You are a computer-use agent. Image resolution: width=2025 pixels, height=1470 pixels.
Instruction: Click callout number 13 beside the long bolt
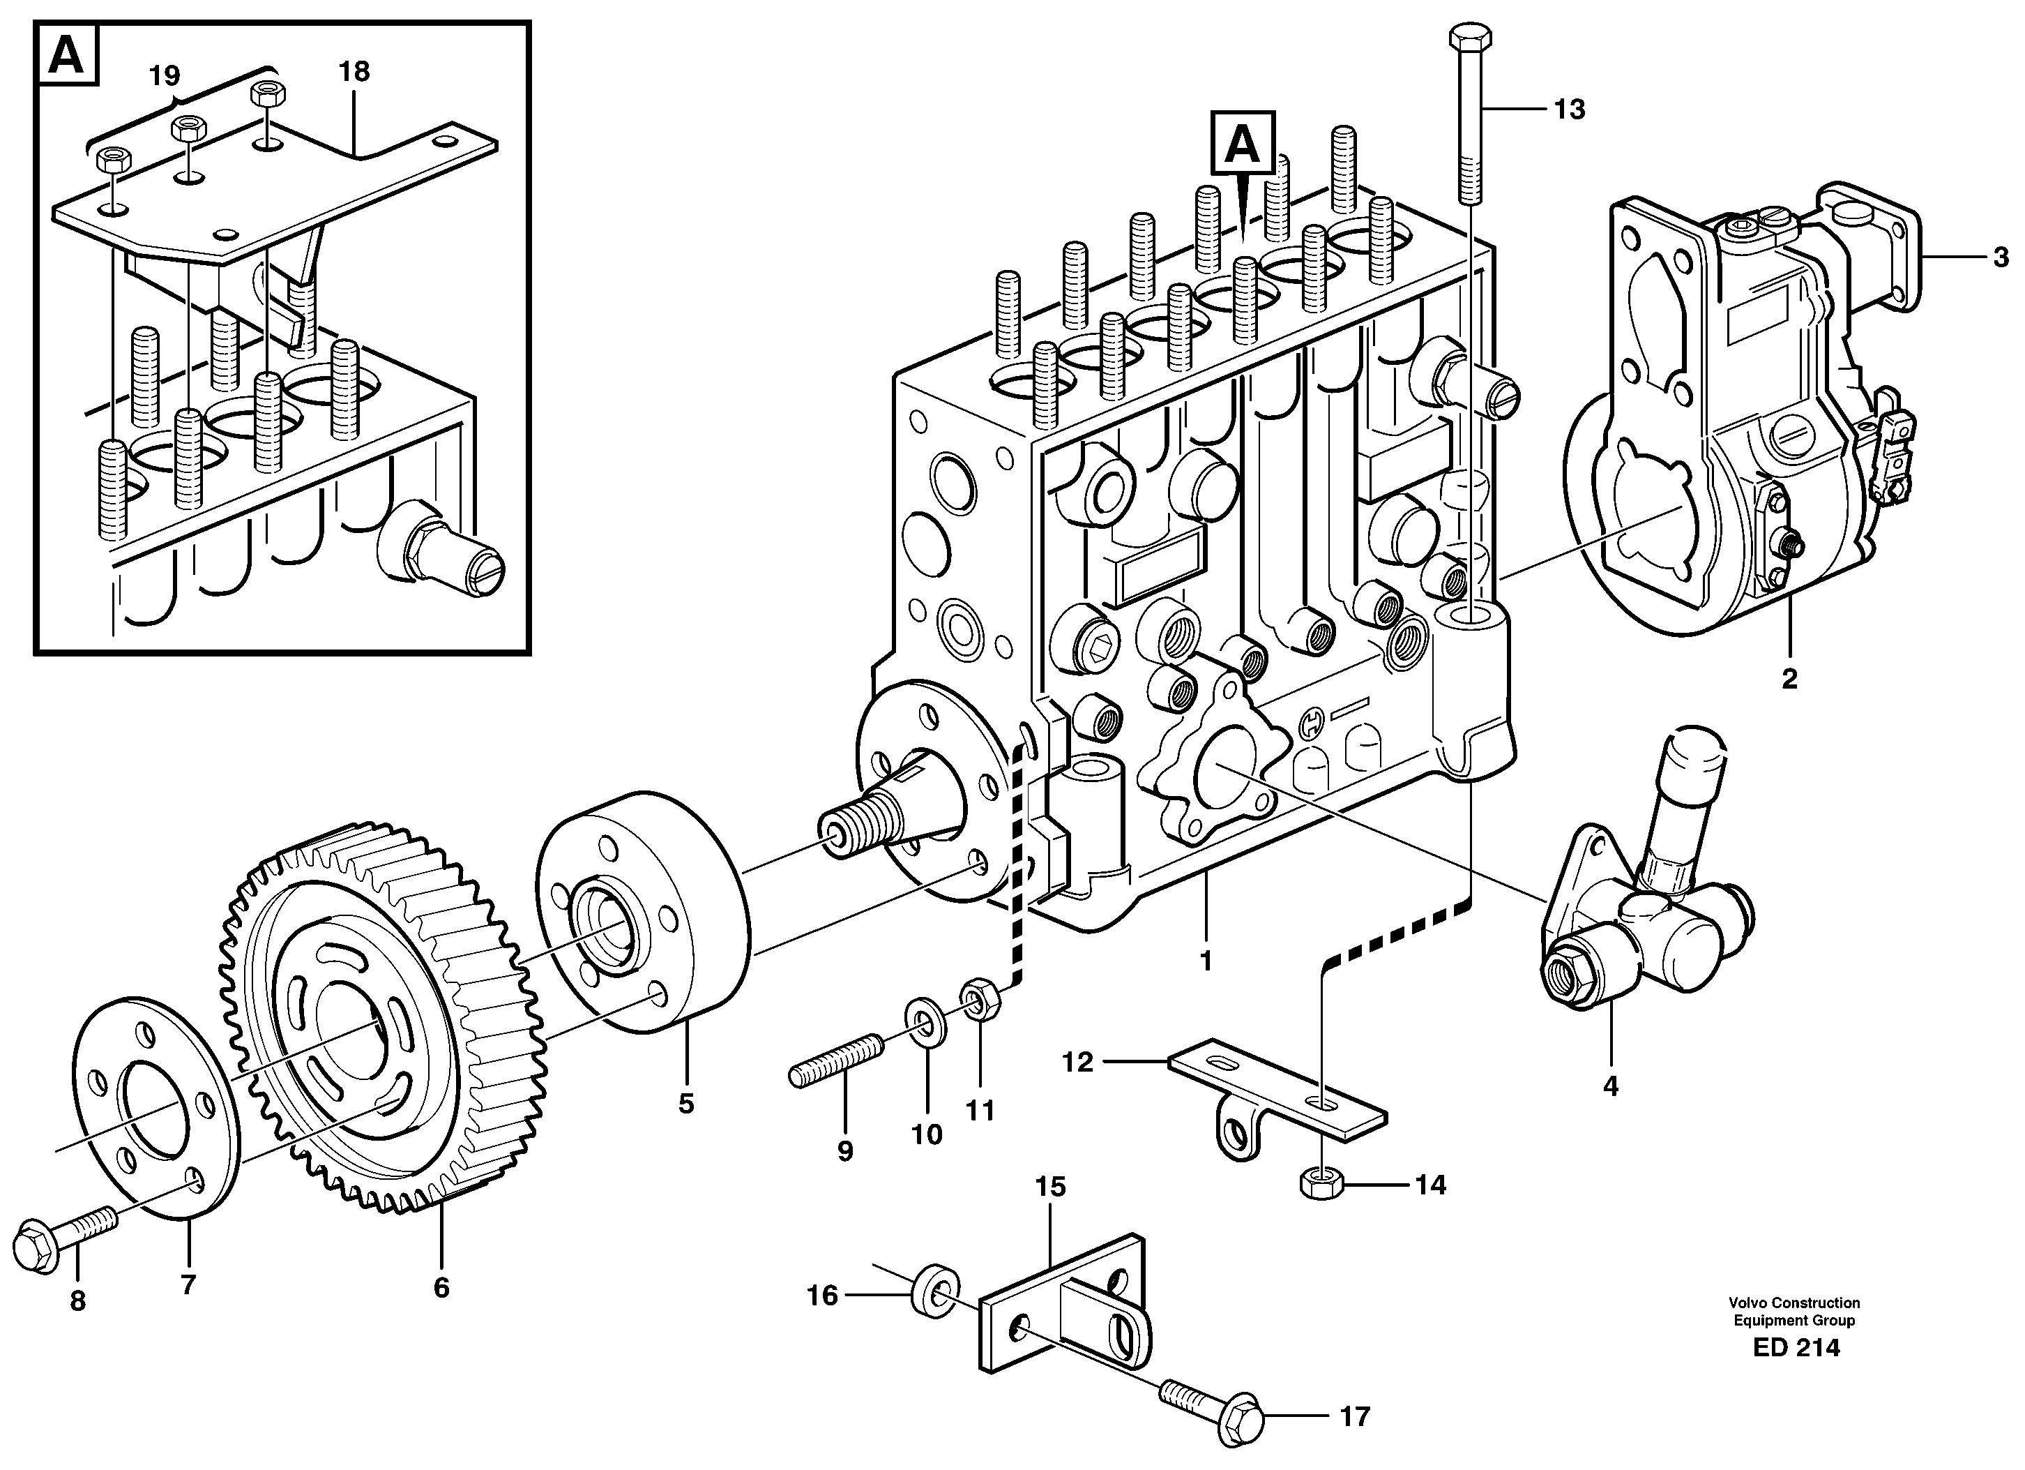1569,110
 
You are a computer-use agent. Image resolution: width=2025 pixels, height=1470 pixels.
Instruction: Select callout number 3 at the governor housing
2001,258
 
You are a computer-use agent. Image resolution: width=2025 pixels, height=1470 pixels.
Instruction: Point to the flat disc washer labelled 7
156,1107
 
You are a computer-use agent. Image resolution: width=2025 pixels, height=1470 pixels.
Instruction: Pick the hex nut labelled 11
980,998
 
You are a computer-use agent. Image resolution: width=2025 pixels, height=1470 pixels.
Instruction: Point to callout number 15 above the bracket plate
1051,1187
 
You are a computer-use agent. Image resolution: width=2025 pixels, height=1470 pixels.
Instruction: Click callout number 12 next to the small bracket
1077,1062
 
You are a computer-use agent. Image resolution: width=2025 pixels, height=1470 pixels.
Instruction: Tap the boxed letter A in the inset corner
67,57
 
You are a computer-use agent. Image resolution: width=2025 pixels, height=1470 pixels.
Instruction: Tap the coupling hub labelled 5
643,911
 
